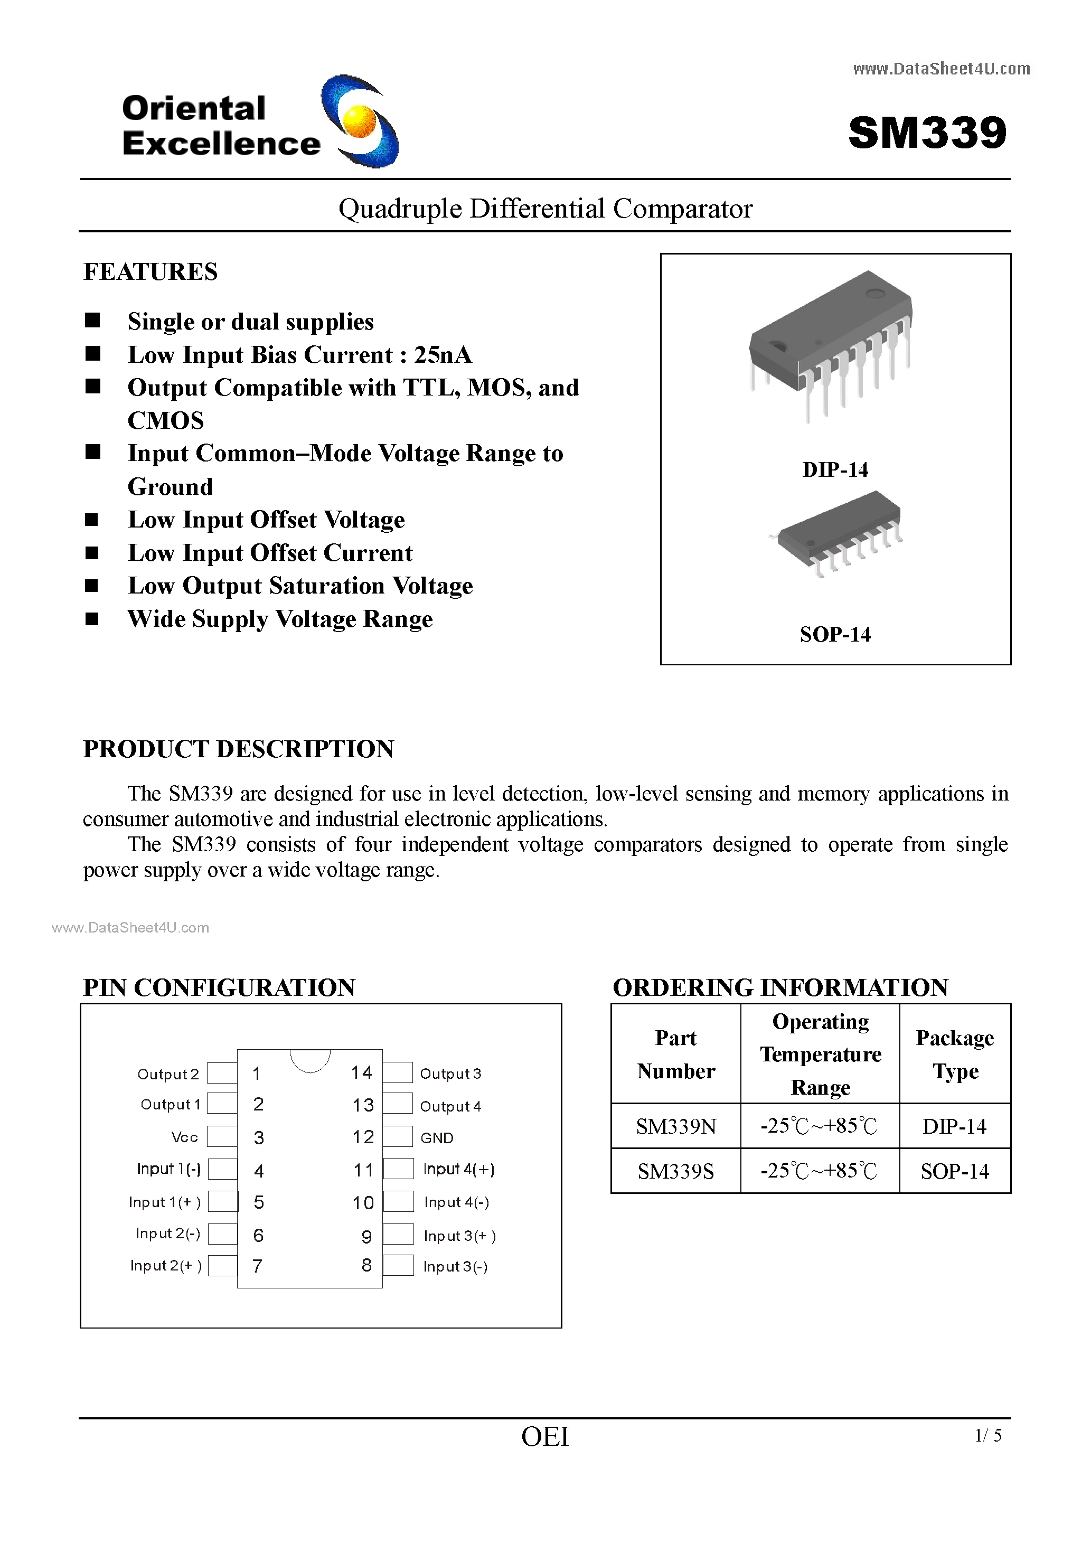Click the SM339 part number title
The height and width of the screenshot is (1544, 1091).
click(x=927, y=133)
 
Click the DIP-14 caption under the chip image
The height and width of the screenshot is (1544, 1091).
click(x=835, y=469)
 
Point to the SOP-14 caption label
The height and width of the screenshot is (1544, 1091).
click(x=835, y=634)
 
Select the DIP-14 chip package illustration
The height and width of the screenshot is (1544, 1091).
click(x=831, y=343)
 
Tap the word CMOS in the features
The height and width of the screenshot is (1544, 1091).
click(x=165, y=420)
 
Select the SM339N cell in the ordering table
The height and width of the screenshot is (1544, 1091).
click(x=676, y=1126)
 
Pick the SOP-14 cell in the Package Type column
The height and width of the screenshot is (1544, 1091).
click(x=954, y=1171)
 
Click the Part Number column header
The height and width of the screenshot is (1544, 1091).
click(x=676, y=1054)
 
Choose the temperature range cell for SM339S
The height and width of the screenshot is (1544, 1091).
click(x=819, y=1171)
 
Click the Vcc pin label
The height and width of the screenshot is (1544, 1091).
click(x=184, y=1137)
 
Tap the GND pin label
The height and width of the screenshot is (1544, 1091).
click(x=437, y=1138)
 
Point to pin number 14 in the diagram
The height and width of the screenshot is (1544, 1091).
click(x=361, y=1072)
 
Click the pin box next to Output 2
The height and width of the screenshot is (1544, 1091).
click(x=221, y=1074)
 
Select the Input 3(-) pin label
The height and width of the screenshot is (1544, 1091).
click(x=455, y=1266)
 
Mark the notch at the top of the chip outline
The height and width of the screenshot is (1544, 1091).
click(x=310, y=1059)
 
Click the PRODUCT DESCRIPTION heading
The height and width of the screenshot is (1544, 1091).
click(x=238, y=748)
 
